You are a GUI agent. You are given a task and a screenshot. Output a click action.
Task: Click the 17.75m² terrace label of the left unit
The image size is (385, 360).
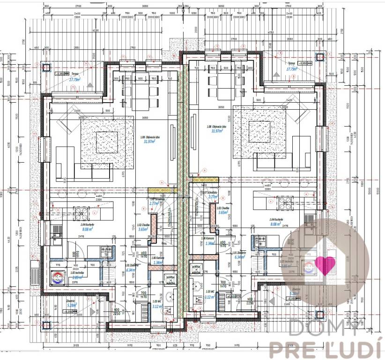[x=74, y=80]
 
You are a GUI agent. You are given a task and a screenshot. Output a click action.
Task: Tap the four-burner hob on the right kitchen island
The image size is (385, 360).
[x=286, y=202]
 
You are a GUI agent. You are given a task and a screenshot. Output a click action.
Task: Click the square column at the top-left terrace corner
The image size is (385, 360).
[x=45, y=67]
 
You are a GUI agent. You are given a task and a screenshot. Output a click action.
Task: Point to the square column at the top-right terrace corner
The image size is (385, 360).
[x=320, y=57]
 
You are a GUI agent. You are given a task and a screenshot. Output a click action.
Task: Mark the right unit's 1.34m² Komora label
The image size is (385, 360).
[x=210, y=243]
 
